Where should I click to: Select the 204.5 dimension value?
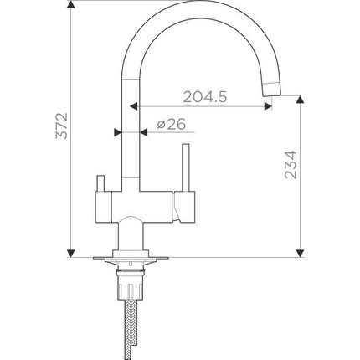coord(203,97)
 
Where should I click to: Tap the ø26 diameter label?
coord(170,125)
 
